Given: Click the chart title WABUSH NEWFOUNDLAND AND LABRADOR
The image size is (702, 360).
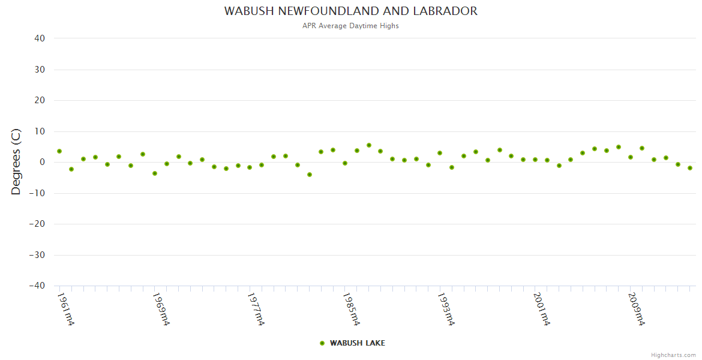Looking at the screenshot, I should click(x=351, y=11).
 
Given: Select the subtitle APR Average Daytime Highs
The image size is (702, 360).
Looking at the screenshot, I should click(x=351, y=26).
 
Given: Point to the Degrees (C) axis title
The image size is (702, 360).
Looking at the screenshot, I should click(x=16, y=161).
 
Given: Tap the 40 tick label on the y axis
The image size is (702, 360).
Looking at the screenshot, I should click(x=40, y=38).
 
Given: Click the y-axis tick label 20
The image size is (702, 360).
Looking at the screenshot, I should click(x=40, y=100).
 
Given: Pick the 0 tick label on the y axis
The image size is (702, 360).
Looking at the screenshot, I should click(x=43, y=162).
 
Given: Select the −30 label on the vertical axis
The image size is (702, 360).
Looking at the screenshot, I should click(x=37, y=255).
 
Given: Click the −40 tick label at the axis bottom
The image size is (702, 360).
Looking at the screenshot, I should click(x=37, y=286).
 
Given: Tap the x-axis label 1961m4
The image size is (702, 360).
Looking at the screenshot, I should click(x=65, y=309).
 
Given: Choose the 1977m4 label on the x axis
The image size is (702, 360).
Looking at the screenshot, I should click(x=256, y=309).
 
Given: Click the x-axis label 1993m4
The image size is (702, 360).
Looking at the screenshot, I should click(x=446, y=309).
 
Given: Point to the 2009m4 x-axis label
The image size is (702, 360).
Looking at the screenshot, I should click(x=637, y=309).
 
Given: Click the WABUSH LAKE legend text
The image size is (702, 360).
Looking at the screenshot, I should click(x=358, y=343).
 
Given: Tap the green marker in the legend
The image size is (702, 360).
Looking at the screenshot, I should click(x=322, y=343).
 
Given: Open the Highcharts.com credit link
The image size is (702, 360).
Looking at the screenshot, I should click(x=673, y=355).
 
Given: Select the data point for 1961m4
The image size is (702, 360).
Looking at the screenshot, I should click(x=59, y=151).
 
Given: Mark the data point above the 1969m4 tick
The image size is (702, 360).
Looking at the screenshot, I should click(x=155, y=173).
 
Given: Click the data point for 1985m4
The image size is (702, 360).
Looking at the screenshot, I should click(x=345, y=163).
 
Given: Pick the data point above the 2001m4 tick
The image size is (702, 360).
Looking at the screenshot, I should click(x=535, y=160).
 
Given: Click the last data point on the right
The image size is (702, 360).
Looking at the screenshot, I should click(x=690, y=168).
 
